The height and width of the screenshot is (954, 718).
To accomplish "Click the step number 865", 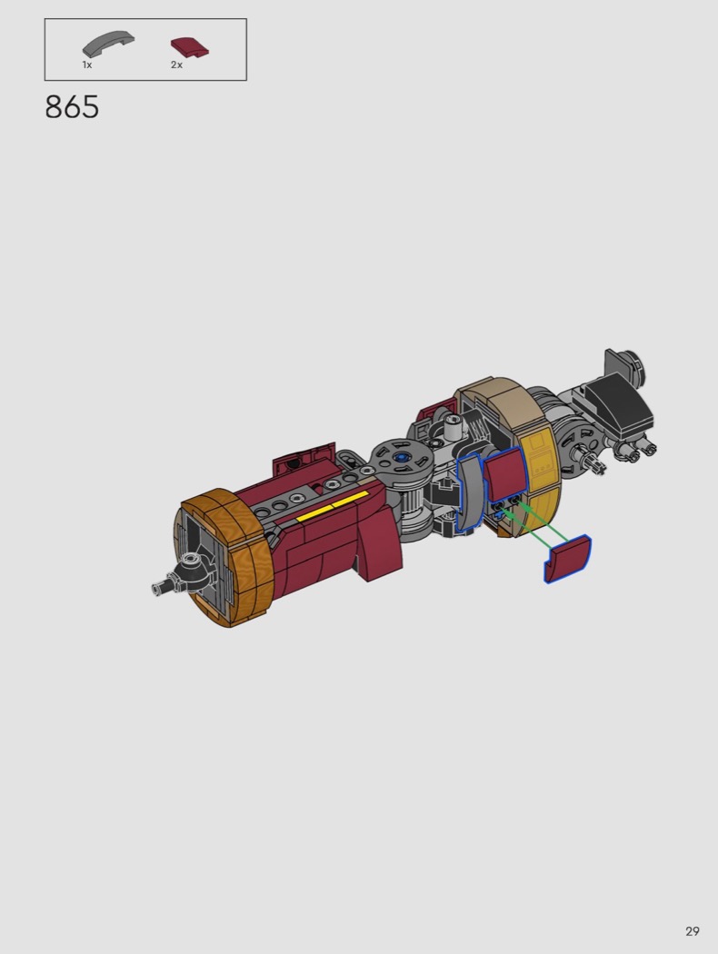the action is [72, 107].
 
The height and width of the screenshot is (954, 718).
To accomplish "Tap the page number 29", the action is [692, 931].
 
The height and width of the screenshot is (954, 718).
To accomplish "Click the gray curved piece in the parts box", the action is [108, 45].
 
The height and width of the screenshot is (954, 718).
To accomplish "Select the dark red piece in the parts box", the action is [191, 47].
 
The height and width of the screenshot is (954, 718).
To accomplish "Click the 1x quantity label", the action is [87, 65].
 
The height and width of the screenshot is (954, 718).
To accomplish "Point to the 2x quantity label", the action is [176, 65].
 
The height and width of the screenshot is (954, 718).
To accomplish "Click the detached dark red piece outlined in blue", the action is [567, 559].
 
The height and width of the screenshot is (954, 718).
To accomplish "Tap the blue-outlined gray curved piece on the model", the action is [469, 492].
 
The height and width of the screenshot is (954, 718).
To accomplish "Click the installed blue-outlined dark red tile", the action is [504, 474].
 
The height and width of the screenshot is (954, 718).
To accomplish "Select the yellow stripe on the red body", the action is [333, 506].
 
